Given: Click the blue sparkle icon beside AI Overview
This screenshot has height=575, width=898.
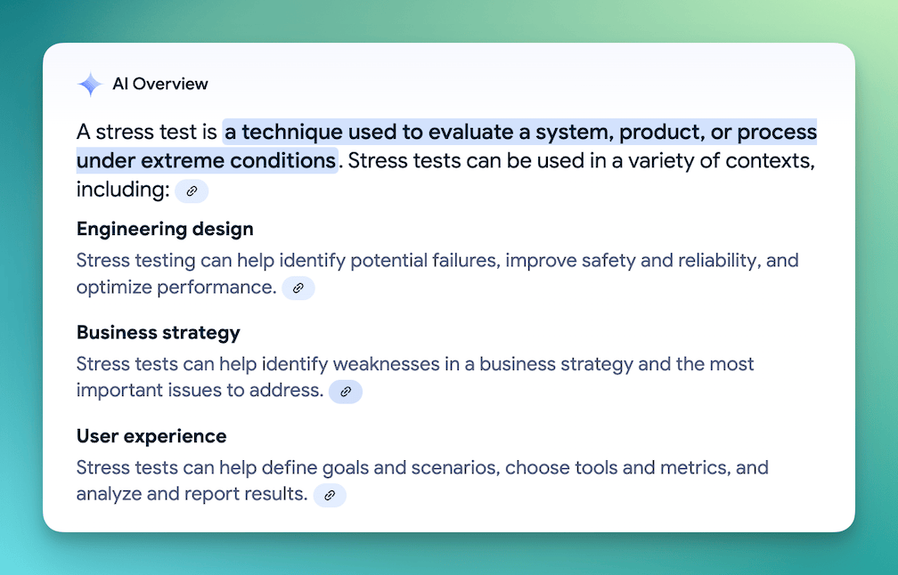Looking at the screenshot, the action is (90, 84).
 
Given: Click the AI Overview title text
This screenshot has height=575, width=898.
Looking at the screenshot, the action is (160, 84).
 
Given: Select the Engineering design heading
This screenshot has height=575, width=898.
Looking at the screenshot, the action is (165, 230).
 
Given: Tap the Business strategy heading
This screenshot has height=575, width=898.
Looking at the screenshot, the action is (159, 333).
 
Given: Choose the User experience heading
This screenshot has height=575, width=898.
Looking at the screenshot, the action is (151, 436).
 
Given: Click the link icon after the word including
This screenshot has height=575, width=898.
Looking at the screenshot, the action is (192, 191).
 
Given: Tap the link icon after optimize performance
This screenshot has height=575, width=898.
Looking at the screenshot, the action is (298, 287).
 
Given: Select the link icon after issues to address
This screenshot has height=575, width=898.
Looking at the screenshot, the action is (346, 392).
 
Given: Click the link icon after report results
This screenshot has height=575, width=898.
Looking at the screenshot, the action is (330, 496).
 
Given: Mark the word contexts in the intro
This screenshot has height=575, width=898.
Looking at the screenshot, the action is (771, 161).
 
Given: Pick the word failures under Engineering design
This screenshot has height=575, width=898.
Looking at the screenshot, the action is (466, 260).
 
